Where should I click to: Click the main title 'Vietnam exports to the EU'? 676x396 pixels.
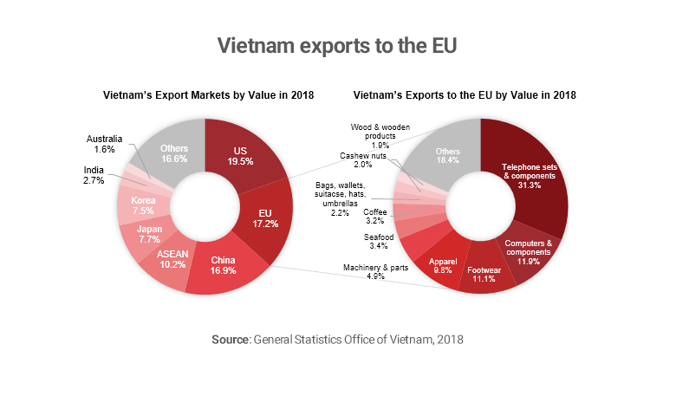tap(338, 44)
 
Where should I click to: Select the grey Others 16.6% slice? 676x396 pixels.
tap(174, 153)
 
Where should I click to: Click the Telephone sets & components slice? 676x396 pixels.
tap(531, 174)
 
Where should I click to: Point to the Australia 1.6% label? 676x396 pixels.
tap(107, 143)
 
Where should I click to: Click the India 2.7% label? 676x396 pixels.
tap(94, 175)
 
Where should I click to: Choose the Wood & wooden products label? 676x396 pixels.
tap(374, 135)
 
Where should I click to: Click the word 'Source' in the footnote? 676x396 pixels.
tap(231, 340)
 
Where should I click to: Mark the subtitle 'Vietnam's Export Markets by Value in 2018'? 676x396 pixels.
tap(208, 94)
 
